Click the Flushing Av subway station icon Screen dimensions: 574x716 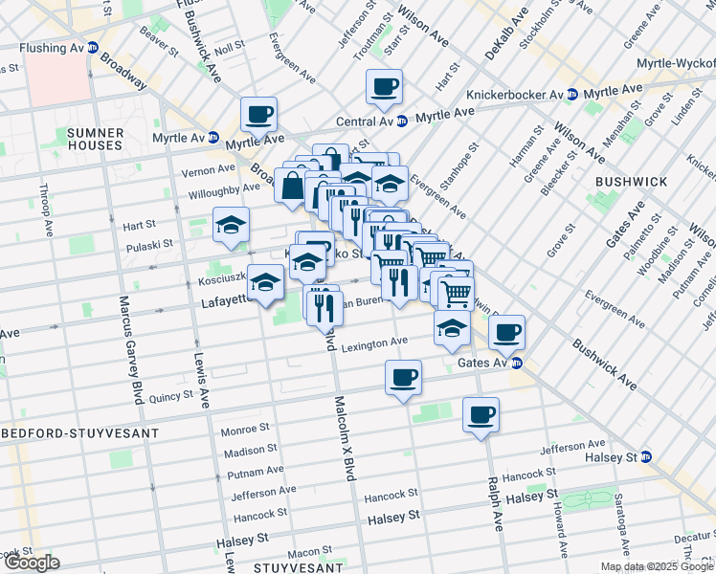(93, 48)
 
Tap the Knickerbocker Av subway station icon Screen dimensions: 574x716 (571, 95)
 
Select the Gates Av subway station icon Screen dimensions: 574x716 (517, 363)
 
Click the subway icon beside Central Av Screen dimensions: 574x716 (403, 121)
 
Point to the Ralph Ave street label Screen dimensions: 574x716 (494, 504)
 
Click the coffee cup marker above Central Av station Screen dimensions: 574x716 (384, 88)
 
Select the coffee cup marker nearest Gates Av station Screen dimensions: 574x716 (507, 332)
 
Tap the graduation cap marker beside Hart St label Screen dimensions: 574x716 (230, 225)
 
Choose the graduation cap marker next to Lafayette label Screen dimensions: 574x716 (266, 281)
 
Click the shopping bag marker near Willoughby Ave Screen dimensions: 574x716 (292, 186)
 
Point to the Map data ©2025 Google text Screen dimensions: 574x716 (656, 566)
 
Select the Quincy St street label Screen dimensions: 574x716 (171, 394)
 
